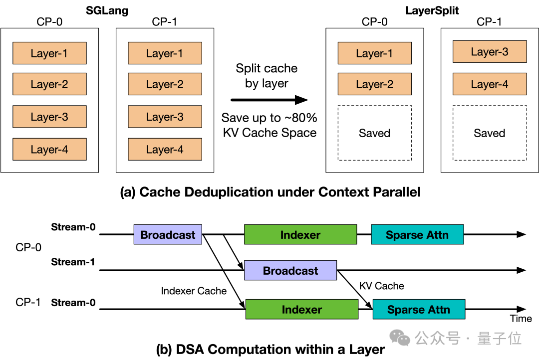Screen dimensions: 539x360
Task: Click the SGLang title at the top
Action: (107, 10)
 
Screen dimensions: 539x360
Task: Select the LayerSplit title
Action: (432, 10)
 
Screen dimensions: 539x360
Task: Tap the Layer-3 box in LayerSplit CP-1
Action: (490, 51)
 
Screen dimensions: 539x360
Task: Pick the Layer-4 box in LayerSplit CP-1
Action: (490, 84)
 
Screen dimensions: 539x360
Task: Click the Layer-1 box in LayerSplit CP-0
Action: (375, 53)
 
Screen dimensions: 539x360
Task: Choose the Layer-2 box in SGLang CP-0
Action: (49, 84)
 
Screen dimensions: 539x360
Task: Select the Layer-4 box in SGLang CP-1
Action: (165, 149)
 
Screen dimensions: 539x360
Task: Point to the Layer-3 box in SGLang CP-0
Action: (49, 117)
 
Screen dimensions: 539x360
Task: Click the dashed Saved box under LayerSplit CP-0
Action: (375, 133)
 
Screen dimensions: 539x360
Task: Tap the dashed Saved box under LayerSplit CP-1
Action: (490, 133)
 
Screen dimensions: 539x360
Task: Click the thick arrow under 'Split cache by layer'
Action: (269, 100)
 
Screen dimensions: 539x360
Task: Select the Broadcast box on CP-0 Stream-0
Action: (168, 235)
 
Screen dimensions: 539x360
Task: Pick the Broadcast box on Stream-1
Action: (290, 270)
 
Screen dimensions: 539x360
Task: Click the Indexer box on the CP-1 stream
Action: (302, 309)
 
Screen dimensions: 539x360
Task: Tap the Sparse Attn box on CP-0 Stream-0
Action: (417, 235)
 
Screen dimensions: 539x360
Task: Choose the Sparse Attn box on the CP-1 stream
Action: (419, 309)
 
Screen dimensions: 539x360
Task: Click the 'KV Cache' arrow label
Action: (382, 286)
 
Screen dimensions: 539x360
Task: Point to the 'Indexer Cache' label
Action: (194, 291)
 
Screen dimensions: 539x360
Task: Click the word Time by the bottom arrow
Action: (521, 319)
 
